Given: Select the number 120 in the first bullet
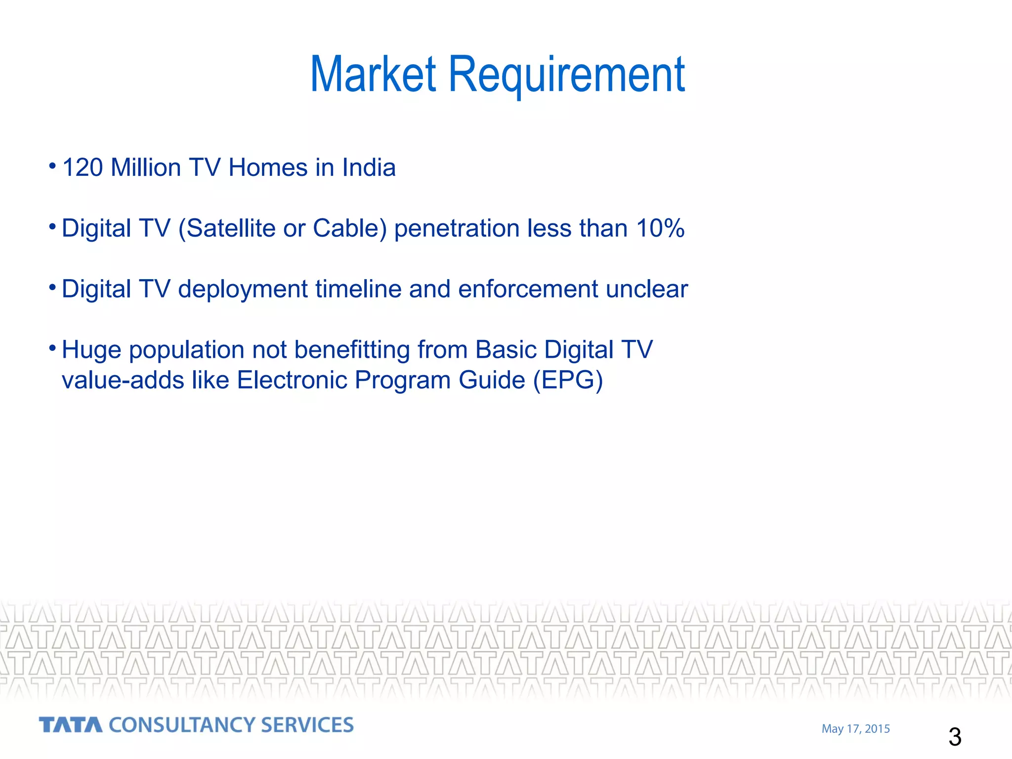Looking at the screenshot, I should click(83, 168).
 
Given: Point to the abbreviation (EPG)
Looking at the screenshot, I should click(568, 381).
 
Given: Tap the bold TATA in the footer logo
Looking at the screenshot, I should click(71, 725).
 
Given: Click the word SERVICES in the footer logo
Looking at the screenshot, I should click(307, 725).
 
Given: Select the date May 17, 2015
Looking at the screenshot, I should click(855, 729).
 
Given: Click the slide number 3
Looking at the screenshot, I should click(955, 737).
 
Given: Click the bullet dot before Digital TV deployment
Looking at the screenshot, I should click(52, 287).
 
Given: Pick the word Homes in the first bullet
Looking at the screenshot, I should click(268, 168).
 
